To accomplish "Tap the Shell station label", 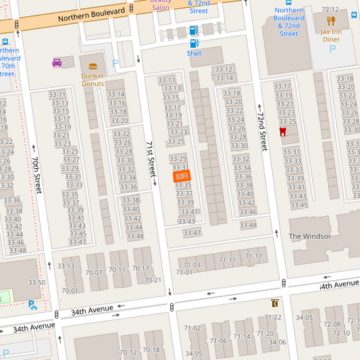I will click(194, 53).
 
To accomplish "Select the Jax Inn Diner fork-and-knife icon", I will click(331, 21).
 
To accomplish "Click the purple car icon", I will click(57, 63).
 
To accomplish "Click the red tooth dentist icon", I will click(282, 132).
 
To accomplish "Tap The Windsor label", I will click(309, 236).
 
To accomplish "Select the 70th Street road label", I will click(36, 175).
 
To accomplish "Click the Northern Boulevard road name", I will click(92, 14).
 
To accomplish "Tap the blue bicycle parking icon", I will click(32, 305).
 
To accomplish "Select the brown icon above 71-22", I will click(274, 303).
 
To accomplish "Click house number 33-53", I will click(66, 266).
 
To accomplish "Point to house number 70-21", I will click(153, 280).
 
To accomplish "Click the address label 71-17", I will click(253, 257).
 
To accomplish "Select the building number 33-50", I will click(36, 283).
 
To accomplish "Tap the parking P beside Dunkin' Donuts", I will click(115, 63).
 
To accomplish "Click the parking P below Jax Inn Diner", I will click(331, 49).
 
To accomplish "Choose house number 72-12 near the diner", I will click(330, 9).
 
